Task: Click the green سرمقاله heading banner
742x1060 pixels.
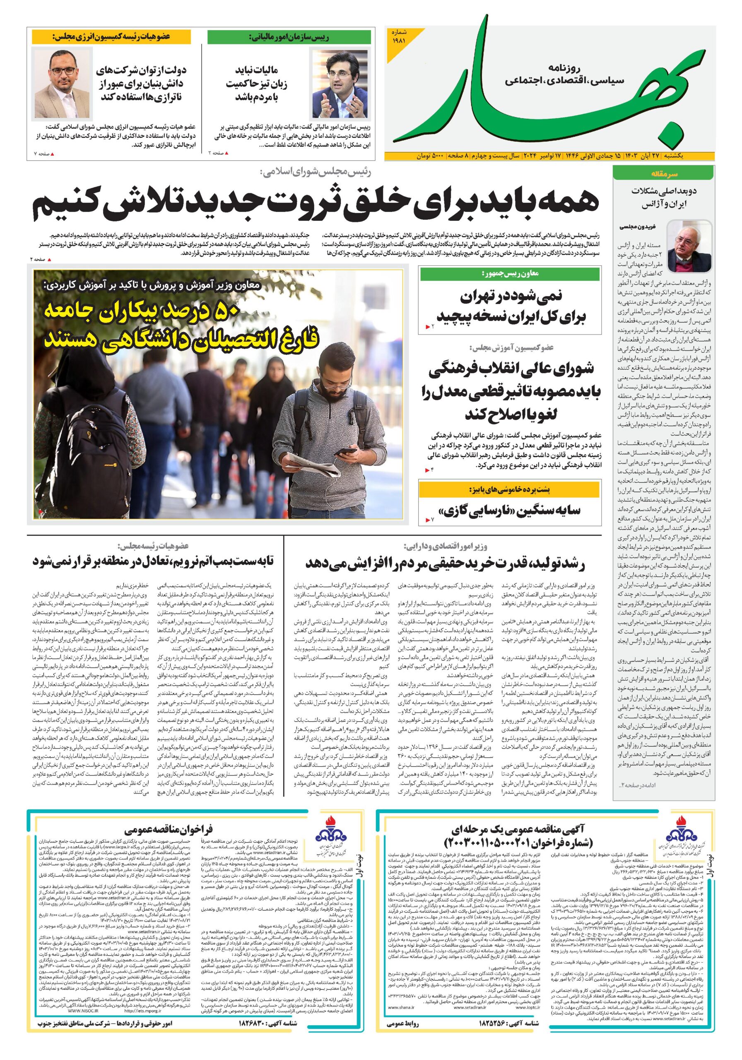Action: [x=663, y=174]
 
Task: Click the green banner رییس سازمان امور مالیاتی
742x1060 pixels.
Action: [x=289, y=37]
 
